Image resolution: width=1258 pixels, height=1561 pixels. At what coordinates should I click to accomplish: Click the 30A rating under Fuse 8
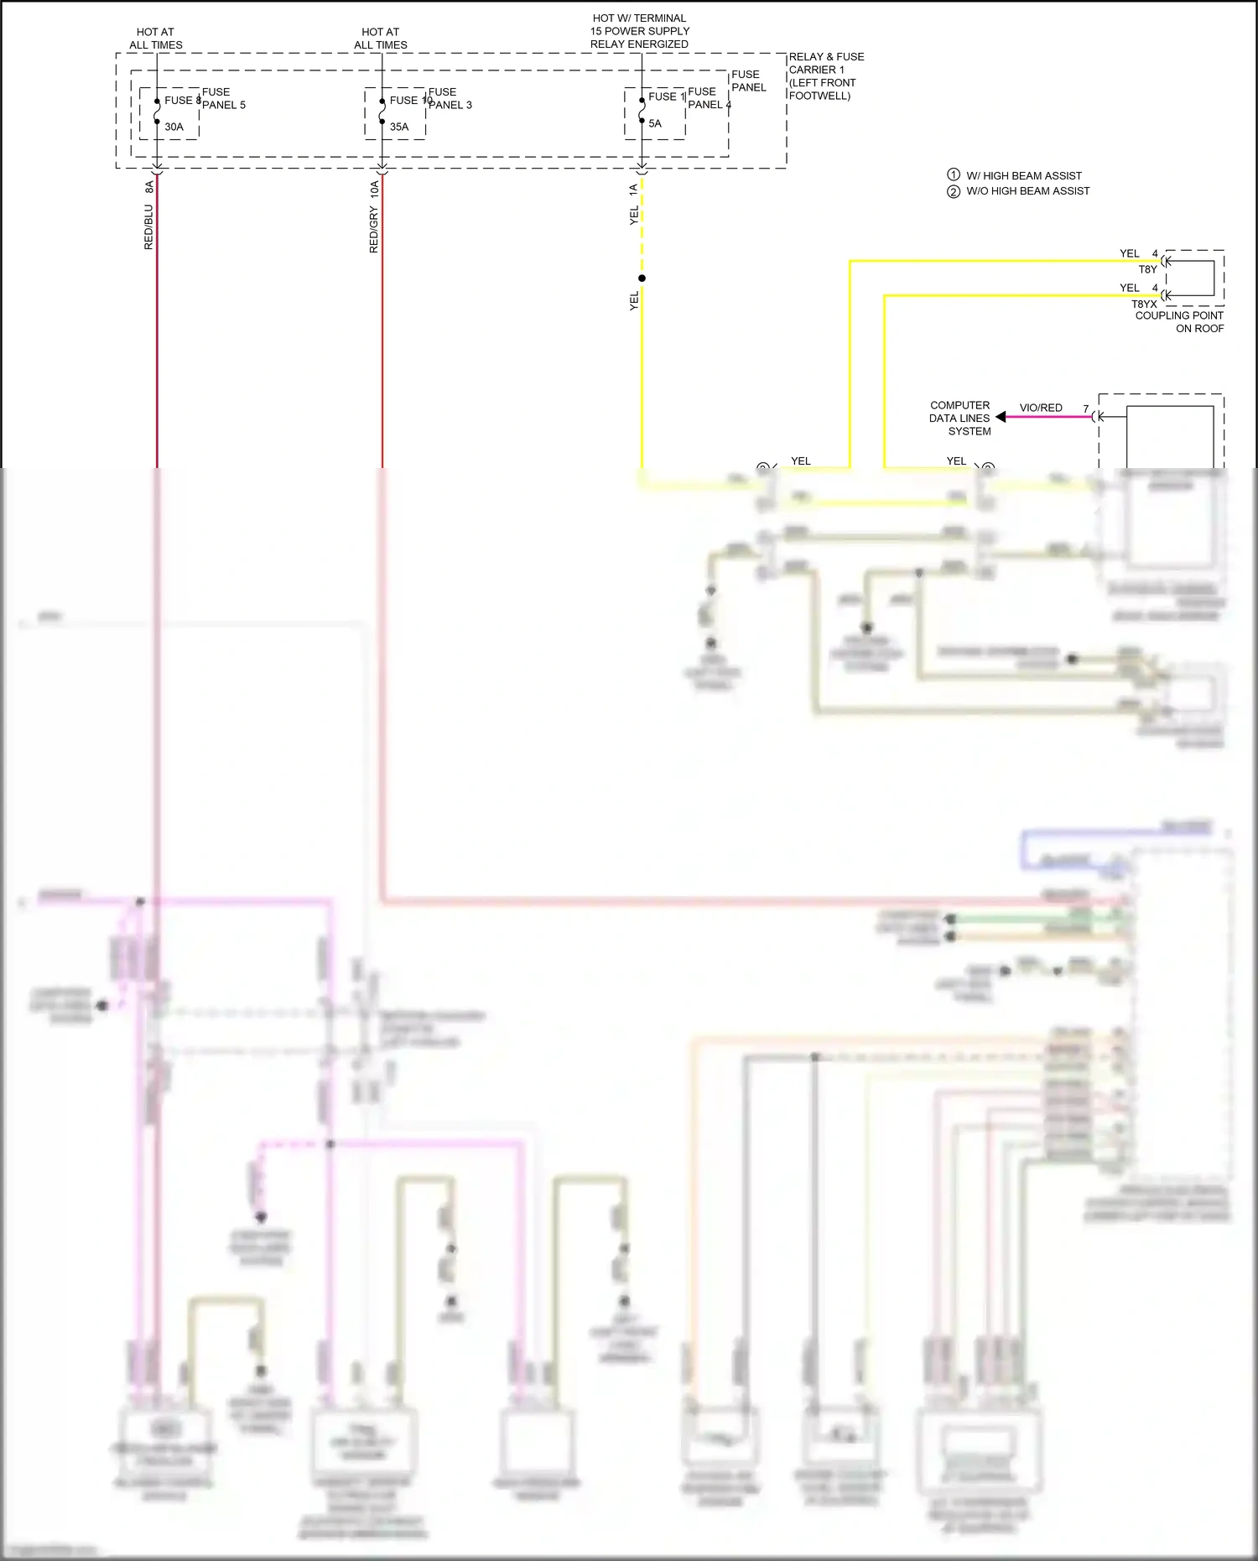pyautogui.click(x=174, y=127)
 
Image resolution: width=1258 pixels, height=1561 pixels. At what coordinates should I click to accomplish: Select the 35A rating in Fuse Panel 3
pyautogui.click(x=399, y=127)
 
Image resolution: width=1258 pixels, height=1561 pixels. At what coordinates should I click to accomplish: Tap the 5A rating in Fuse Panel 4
pyautogui.click(x=655, y=123)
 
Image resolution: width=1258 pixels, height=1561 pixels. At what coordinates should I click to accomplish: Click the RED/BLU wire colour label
pyautogui.click(x=148, y=227)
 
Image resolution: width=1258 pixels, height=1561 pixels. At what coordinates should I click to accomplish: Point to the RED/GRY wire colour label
pyautogui.click(x=374, y=230)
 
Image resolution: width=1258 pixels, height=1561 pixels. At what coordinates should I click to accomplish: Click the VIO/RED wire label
pyautogui.click(x=1041, y=408)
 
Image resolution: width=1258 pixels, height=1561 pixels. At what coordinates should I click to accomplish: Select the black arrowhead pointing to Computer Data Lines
pyautogui.click(x=1001, y=417)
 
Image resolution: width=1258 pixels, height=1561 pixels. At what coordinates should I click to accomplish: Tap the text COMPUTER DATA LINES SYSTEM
pyautogui.click(x=960, y=418)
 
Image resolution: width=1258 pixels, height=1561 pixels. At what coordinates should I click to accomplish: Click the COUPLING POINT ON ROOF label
pyautogui.click(x=1179, y=322)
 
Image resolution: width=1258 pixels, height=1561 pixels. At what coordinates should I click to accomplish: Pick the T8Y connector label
pyautogui.click(x=1147, y=269)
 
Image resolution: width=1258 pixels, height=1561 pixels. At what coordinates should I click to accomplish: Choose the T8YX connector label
pyautogui.click(x=1144, y=304)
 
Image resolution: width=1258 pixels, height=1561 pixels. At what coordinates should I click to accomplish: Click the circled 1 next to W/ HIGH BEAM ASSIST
pyautogui.click(x=954, y=174)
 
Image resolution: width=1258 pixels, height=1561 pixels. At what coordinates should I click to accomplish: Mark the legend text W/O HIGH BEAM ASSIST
pyautogui.click(x=1028, y=191)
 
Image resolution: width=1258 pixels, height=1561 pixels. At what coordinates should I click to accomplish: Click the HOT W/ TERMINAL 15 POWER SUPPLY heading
pyautogui.click(x=639, y=31)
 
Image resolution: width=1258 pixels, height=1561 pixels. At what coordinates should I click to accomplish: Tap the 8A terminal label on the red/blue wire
pyautogui.click(x=149, y=187)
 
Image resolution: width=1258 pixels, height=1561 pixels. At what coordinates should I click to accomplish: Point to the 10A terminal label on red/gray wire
pyautogui.click(x=374, y=189)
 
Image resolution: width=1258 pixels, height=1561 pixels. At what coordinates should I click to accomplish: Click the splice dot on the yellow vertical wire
pyautogui.click(x=642, y=278)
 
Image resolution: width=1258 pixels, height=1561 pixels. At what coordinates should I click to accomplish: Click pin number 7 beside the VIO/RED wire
pyautogui.click(x=1085, y=408)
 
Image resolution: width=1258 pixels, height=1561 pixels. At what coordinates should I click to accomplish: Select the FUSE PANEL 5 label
pyautogui.click(x=223, y=98)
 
